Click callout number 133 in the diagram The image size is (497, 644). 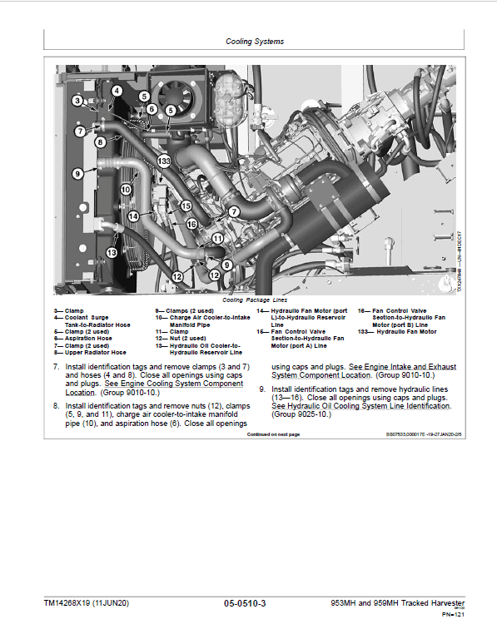coord(164,161)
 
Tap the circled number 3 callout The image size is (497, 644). coord(77,101)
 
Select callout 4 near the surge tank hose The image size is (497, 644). coord(117,91)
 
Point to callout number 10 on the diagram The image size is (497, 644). coord(126,190)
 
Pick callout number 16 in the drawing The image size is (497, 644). coord(191,224)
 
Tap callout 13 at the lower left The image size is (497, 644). coord(112,252)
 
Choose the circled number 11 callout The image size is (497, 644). coord(217,238)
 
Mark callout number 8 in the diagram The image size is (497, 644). coord(100,142)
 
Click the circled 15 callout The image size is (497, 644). coord(186,206)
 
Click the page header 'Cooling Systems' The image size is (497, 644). coord(255,41)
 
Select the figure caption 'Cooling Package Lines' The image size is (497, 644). coord(254,300)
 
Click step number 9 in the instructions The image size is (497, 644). coord(262,389)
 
